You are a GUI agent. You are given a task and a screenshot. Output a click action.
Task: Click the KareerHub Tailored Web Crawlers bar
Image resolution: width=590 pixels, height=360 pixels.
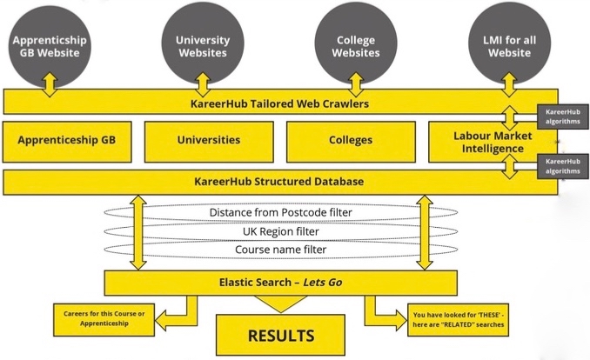278,103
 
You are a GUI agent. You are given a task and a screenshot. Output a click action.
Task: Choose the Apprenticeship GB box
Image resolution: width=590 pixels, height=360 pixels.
67,140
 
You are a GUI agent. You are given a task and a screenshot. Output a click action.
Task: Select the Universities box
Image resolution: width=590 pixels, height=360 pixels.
209,140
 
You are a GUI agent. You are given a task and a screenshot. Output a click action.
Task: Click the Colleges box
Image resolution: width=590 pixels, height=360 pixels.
351,140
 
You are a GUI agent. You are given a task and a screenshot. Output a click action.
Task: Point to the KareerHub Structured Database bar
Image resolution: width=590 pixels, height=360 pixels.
278,182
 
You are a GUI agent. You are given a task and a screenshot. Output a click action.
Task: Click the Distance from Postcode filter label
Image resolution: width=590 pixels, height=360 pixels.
278,212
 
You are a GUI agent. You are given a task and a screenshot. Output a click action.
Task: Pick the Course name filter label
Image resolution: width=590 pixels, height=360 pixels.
278,250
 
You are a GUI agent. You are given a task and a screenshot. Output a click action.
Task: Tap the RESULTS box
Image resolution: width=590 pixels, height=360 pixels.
281,334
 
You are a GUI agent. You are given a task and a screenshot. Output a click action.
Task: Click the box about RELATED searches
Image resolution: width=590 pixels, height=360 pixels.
455,319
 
